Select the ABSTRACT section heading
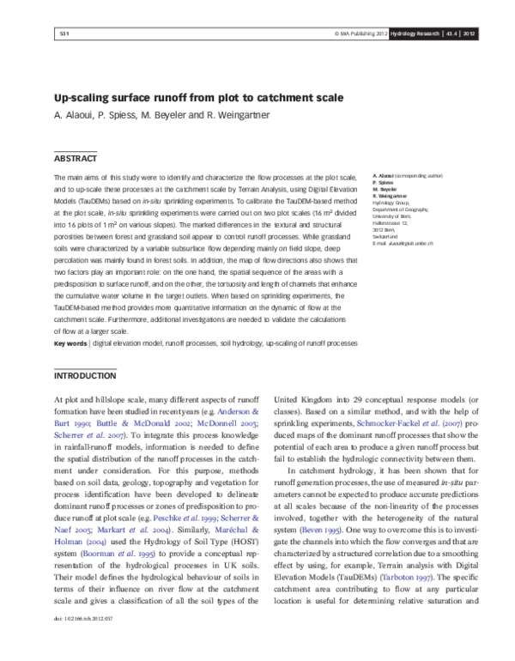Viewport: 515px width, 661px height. tap(76, 159)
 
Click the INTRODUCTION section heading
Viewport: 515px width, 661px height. tap(85, 377)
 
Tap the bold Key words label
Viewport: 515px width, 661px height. tap(70, 343)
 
